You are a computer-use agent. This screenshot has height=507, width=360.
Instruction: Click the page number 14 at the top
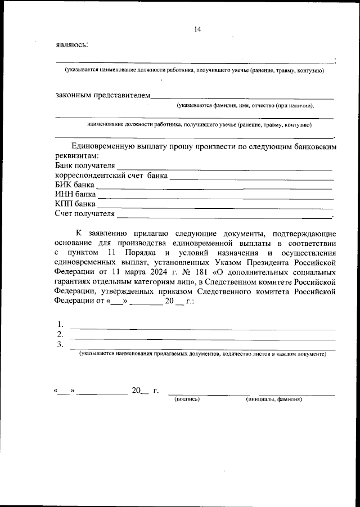pos(197,29)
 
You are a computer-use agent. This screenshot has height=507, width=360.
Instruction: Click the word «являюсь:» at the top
pos(71,44)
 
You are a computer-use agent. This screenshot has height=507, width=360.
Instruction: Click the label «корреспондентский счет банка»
pos(111,176)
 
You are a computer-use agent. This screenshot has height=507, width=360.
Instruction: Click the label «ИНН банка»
pos(75,194)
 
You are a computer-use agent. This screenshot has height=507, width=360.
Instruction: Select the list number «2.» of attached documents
pos(60,335)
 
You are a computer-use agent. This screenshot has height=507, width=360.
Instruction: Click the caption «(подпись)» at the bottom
pos(187,400)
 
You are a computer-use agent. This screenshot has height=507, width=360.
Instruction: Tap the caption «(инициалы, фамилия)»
pos(274,400)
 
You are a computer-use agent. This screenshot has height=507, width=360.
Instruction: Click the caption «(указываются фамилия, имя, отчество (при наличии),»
pos(245,106)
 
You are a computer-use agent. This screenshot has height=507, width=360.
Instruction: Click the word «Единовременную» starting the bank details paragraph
pos(102,146)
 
